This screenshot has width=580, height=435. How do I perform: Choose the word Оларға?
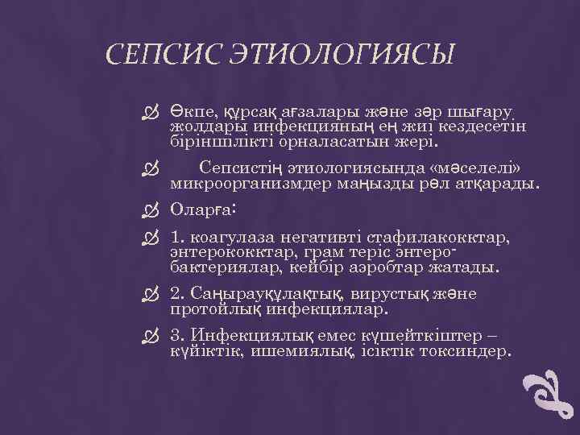tap(202, 209)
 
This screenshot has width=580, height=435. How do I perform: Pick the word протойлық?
tap(213, 308)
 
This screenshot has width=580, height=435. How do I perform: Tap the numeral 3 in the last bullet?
tap(176, 336)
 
